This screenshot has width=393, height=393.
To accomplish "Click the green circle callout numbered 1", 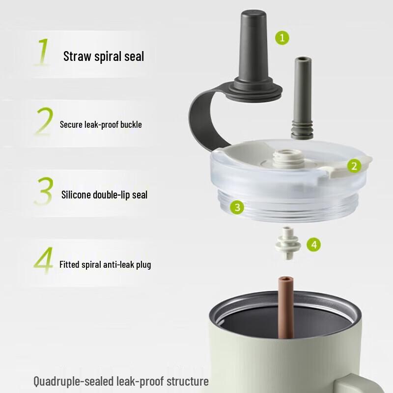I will click(282, 37).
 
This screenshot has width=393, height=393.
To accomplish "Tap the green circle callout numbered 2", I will click(354, 166).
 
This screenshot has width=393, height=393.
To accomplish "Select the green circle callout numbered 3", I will click(237, 207).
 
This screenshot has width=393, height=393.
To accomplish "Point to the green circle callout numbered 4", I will click(314, 244).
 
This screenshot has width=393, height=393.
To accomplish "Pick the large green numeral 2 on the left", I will click(44, 121).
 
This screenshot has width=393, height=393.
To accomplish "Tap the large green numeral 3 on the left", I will click(44, 191).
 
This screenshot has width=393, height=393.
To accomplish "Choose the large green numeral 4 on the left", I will click(44, 261).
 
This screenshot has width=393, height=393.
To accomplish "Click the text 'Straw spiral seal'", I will click(104, 56).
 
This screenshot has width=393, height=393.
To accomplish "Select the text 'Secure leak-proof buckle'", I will click(101, 125).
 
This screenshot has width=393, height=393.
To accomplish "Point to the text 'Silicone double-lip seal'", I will click(104, 195).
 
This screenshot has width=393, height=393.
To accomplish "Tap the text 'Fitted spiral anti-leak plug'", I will click(105, 264).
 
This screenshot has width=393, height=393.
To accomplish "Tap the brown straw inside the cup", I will click(284, 307).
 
